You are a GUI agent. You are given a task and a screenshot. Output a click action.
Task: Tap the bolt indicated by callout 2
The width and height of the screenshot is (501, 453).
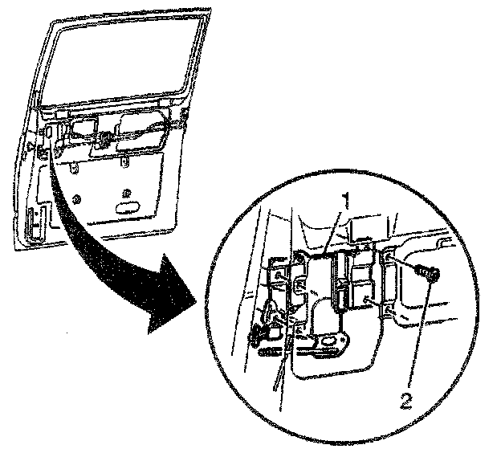427,274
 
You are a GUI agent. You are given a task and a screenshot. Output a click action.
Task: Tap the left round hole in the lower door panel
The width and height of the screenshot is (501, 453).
75,198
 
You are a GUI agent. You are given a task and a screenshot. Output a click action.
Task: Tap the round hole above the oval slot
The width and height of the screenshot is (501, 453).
125,192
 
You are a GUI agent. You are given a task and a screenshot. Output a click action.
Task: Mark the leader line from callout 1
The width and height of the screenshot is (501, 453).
337,229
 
